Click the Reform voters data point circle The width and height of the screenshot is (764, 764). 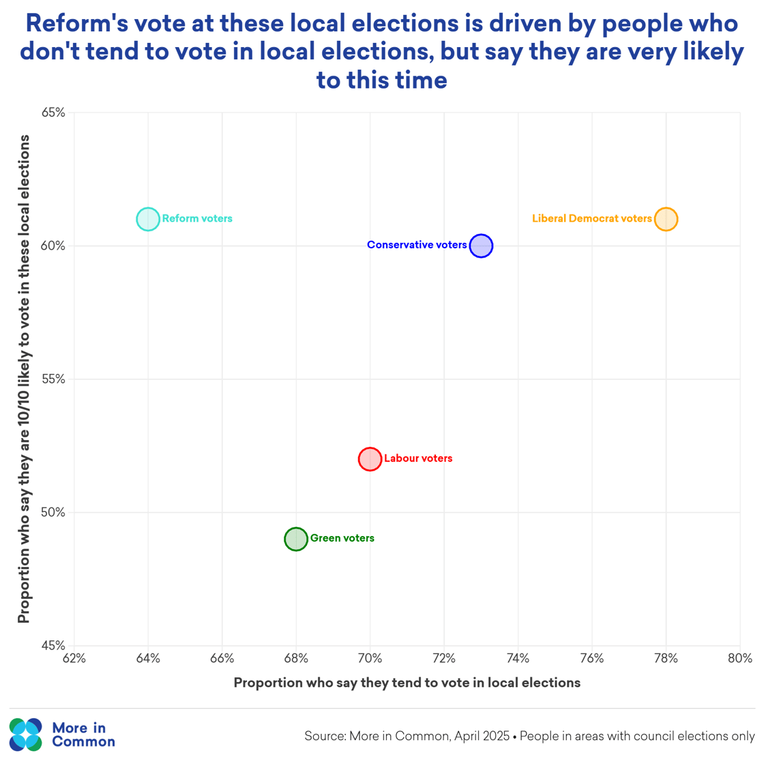click(148, 219)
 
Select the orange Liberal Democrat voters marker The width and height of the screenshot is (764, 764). click(666, 219)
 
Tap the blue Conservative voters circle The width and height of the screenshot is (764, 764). click(481, 246)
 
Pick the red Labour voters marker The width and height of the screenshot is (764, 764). click(370, 459)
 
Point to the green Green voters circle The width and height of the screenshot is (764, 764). click(296, 539)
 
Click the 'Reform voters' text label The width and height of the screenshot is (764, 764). click(197, 219)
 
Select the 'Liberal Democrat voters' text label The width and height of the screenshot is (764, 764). click(591, 219)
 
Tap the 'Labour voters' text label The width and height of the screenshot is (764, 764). click(417, 458)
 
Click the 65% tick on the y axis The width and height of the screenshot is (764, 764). click(54, 113)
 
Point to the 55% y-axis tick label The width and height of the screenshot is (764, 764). click(54, 379)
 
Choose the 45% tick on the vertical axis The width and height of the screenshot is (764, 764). click(54, 645)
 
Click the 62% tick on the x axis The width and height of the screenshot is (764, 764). click(74, 659)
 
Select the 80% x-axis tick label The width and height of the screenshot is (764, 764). click(739, 659)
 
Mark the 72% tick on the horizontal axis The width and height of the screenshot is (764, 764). click(444, 659)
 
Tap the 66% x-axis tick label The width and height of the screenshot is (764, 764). click(222, 659)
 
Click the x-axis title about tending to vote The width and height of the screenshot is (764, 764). click(407, 683)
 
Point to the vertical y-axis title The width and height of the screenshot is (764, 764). click(25, 379)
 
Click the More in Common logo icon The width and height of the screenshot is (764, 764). click(26, 734)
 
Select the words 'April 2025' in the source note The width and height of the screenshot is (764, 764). click(484, 737)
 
